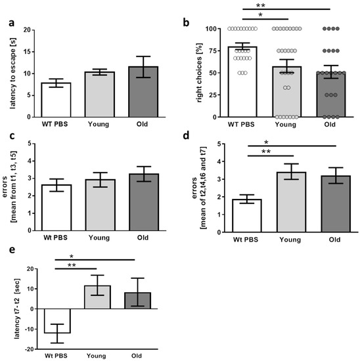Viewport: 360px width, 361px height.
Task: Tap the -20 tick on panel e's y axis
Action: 24,349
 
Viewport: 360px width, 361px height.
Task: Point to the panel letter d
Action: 187,137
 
